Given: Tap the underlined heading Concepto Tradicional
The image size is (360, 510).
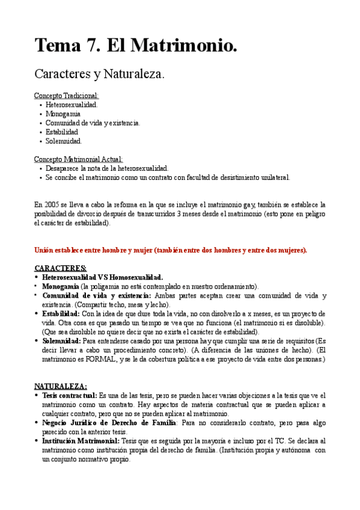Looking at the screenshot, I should point(66,96).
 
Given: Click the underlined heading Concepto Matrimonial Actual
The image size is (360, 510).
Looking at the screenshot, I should point(78,159).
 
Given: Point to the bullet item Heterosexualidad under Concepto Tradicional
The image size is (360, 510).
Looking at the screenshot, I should point(72,105).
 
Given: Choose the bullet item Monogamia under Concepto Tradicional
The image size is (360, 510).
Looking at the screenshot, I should point(63,114).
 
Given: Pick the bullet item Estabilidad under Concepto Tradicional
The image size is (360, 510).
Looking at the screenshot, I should point(62,132).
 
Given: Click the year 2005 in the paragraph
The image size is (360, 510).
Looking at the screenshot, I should point(52,204).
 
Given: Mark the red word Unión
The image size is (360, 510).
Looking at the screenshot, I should point(44,250).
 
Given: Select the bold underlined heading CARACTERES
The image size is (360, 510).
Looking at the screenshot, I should point(60,268).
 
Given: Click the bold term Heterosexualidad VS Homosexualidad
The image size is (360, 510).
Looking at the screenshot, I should point(102,277).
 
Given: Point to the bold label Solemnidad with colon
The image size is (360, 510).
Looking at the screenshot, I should point(66,341).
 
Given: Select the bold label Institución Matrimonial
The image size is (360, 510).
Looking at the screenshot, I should point(81,441).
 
